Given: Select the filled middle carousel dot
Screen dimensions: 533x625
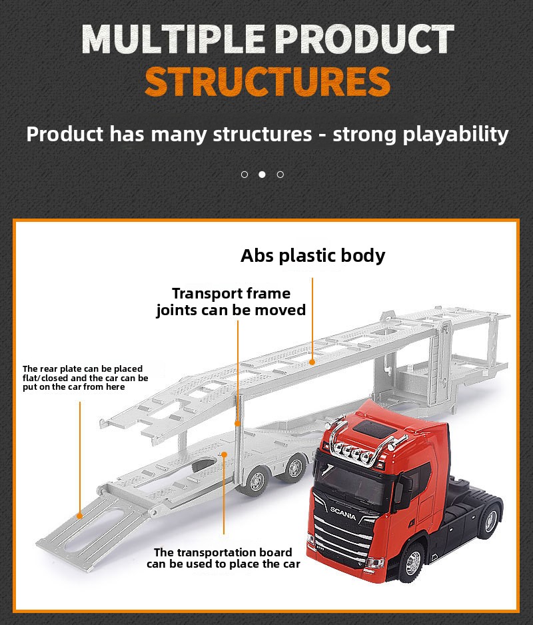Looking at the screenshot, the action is coord(262,174).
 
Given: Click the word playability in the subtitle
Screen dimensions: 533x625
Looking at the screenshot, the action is coord(456,135).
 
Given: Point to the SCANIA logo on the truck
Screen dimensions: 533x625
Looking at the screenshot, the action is coord(343,513).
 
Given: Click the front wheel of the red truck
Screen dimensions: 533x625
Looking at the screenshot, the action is coord(412,562).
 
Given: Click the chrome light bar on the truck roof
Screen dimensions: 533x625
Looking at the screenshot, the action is coord(361,442).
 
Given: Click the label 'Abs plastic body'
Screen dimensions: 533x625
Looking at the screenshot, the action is coord(313,255).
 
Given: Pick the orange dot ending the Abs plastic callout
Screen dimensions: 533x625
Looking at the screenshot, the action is coord(312,362).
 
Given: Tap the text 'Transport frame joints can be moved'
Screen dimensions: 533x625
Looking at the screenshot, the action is coord(231,302).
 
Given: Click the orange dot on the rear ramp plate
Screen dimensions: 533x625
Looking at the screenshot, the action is coord(80,516).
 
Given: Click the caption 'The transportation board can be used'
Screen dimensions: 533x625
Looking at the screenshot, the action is coord(223,558).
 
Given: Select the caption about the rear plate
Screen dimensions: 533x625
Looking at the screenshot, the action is coord(85,378).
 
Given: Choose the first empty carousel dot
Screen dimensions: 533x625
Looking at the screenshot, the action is coord(245,174).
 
